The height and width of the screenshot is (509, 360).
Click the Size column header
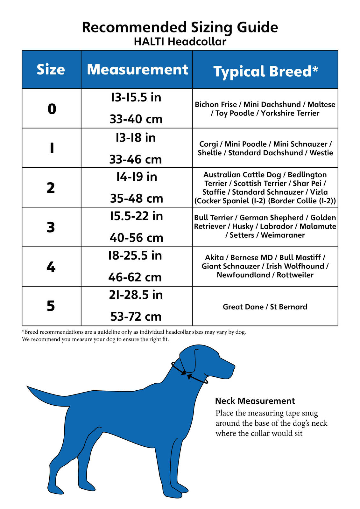[x=51, y=70]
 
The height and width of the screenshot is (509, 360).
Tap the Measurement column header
[x=137, y=70]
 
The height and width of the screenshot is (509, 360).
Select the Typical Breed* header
[x=265, y=71]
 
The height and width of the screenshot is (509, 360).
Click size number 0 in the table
[x=52, y=109]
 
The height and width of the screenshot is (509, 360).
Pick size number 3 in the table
[x=51, y=227]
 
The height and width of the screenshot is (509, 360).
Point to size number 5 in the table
[x=51, y=306]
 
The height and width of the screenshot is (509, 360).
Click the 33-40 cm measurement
[x=136, y=119]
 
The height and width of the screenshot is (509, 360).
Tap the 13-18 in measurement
[x=136, y=138]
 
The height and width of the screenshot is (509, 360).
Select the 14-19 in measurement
[x=137, y=177]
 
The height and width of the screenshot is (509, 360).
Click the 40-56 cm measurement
[x=136, y=238]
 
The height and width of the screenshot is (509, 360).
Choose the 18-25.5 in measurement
[x=135, y=256]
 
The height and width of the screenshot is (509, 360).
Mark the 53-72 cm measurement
[x=136, y=317]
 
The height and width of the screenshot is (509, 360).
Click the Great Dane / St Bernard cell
[x=265, y=307]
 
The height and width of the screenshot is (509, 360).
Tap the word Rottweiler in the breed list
[x=295, y=275]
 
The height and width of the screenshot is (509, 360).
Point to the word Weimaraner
[x=283, y=235]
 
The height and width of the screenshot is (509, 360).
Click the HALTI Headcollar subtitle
[x=180, y=42]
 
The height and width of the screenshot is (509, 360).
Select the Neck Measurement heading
[x=255, y=401]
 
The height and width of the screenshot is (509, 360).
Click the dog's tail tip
[x=29, y=387]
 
